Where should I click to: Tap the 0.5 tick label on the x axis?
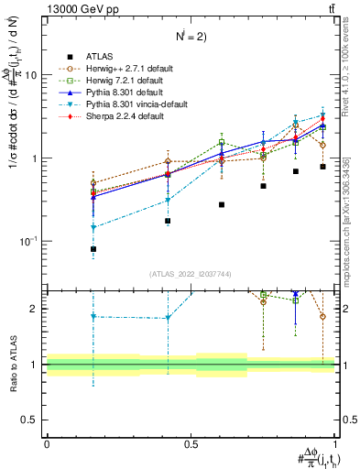point(191,444)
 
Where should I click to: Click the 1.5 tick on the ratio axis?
point(37,336)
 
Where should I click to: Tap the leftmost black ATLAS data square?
point(93,249)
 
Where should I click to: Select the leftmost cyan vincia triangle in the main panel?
point(93,227)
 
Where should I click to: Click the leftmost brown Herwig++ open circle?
point(93,183)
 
